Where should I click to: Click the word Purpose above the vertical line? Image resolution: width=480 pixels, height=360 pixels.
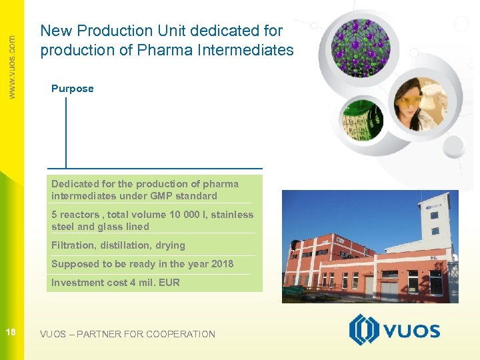(x=72, y=89)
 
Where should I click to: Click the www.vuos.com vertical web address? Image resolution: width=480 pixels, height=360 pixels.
(x=12, y=67)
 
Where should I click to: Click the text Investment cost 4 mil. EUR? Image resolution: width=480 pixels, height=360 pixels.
(x=115, y=283)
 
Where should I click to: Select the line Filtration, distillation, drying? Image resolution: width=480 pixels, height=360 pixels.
(x=118, y=245)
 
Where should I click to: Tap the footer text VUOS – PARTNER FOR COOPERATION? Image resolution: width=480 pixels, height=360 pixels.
(x=127, y=334)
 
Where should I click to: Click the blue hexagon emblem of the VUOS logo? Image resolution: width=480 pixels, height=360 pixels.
(x=364, y=330)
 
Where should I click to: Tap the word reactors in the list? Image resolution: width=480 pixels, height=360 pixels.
(x=79, y=215)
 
